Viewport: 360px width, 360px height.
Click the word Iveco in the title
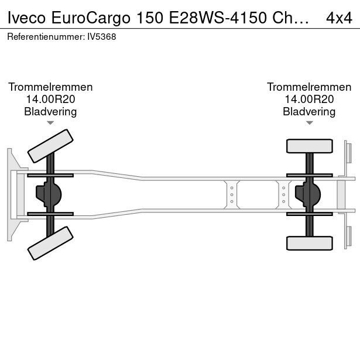26,18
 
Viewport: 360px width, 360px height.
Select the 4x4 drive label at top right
339,18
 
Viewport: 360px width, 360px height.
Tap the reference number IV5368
102,37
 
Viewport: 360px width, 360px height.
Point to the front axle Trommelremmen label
50,87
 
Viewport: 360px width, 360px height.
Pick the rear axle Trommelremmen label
309,87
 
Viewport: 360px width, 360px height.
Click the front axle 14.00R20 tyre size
50,99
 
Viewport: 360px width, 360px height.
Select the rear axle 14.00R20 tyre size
309,99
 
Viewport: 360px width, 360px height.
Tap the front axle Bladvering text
50,112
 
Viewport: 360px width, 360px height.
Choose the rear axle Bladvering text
309,112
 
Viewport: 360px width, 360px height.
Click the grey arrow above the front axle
50,123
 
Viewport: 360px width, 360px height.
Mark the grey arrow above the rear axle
310,123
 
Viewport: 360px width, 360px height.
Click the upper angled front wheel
50,146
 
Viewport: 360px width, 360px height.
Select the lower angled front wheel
50,243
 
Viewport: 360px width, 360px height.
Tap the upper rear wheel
310,146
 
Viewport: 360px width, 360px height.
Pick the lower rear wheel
310,243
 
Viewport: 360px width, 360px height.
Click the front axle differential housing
49,194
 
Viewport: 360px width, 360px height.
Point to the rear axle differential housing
308,194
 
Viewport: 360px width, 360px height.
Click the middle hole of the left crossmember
232,195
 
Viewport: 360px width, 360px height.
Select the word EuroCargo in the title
91,18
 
